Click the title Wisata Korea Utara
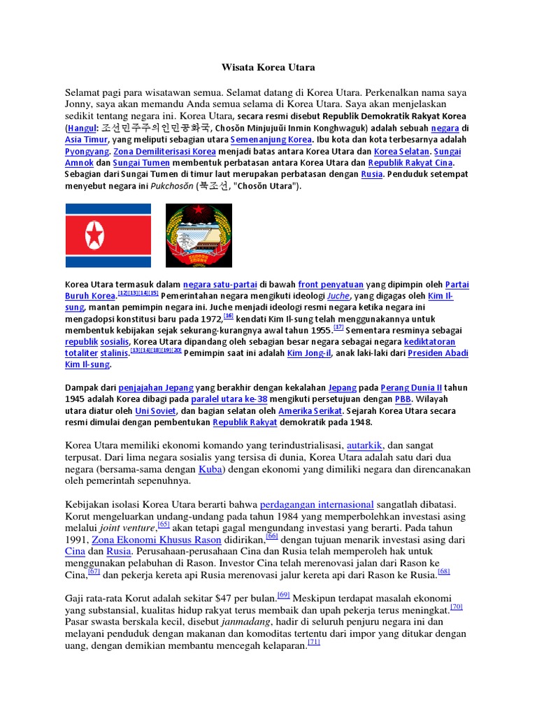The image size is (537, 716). (x=268, y=68)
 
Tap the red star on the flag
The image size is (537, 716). (x=94, y=236)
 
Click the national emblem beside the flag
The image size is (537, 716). (x=199, y=236)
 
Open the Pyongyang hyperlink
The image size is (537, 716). (x=87, y=151)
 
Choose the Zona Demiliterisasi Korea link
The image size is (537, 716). (x=165, y=151)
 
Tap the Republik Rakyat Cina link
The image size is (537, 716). (x=410, y=162)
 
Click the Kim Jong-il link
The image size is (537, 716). (x=309, y=353)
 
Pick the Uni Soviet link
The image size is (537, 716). (x=155, y=410)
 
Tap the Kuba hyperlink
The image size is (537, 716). (x=210, y=468)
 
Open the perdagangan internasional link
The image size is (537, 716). (x=317, y=504)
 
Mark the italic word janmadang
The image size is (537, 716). (x=245, y=621)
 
